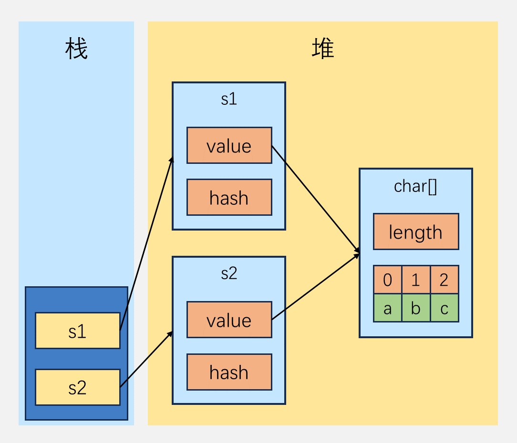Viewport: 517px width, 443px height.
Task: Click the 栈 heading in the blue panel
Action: [77, 50]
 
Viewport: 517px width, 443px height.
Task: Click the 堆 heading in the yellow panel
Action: [323, 50]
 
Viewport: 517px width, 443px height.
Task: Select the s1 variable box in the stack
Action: [77, 331]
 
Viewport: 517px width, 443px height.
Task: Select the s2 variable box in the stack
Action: [77, 387]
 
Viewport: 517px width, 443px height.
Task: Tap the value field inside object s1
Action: [229, 145]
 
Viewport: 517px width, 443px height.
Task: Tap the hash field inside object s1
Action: [229, 197]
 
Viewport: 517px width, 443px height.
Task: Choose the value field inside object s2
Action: [229, 320]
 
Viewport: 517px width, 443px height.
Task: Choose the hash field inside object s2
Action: [229, 372]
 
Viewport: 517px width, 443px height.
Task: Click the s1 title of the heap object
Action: [229, 99]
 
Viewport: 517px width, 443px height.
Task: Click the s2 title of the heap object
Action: [229, 273]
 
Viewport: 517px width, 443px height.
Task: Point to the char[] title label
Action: [415, 186]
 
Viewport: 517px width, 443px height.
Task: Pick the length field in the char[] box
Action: [415, 232]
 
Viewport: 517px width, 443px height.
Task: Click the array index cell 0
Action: [387, 280]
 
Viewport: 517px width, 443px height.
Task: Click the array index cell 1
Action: [415, 280]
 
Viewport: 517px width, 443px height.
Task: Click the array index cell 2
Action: [444, 280]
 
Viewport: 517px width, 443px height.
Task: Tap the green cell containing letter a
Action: [387, 308]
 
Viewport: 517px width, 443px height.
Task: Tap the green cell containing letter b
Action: [415, 308]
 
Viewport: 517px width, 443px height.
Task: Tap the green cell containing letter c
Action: [444, 308]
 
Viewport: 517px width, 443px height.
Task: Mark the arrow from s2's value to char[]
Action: [315, 287]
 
